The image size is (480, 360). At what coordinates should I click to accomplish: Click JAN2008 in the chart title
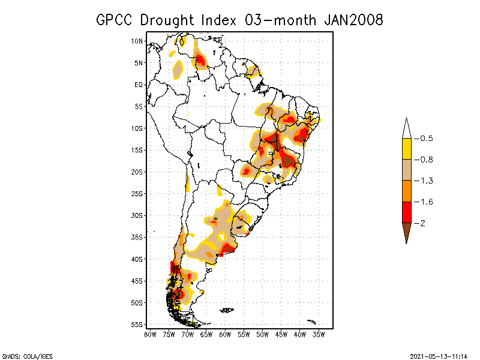353,20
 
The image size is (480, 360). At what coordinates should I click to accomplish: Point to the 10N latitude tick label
137,41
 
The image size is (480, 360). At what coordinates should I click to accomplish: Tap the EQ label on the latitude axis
139,85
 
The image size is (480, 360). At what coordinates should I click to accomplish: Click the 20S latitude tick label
137,172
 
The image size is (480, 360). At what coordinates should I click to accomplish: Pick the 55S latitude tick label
137,325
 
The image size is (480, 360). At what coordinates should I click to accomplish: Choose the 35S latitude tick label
137,237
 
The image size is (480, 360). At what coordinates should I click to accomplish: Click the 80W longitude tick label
150,334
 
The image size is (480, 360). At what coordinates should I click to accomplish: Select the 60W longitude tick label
226,334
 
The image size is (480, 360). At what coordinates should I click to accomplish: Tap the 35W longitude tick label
319,334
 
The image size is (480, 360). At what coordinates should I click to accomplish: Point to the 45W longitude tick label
281,334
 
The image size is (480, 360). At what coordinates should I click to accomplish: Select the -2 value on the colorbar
422,223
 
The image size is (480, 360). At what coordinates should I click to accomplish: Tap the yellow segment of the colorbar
406,149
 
